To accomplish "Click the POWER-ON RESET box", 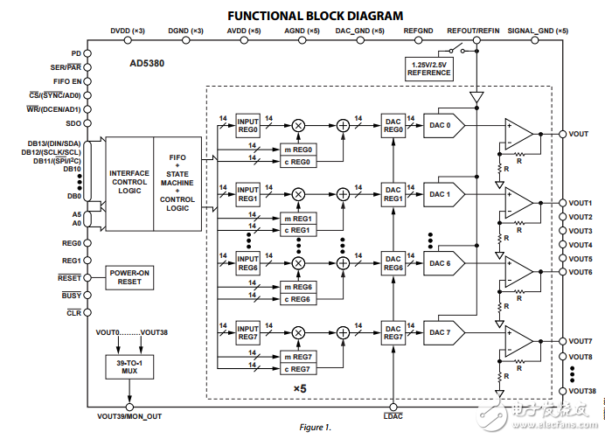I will point(130,277).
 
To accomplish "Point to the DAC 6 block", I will point(442,262).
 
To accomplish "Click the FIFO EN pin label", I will point(67,80).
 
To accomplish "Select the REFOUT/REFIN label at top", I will point(473,31).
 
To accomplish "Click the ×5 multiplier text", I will point(299,387).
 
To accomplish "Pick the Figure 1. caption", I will point(316,428).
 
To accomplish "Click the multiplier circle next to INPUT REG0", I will point(298,125).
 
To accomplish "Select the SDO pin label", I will point(73,122).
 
